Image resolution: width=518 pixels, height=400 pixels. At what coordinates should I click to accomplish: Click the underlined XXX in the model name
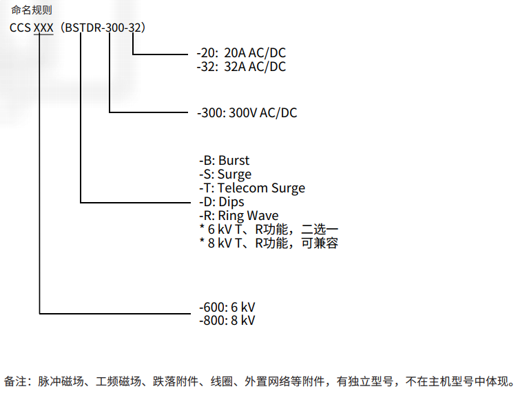point(43,28)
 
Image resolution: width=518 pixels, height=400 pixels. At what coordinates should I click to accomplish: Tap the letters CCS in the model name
point(20,28)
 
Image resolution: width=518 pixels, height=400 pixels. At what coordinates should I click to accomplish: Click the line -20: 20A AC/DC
point(241,53)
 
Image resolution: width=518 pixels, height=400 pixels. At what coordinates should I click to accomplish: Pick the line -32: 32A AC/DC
point(241,67)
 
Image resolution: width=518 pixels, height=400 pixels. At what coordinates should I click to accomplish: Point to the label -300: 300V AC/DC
point(247,112)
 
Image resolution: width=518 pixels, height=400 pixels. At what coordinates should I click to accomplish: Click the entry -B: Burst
point(224,161)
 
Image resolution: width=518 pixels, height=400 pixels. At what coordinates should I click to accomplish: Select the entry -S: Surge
point(225,174)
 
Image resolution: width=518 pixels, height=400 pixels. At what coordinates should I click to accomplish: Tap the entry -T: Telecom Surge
point(251,188)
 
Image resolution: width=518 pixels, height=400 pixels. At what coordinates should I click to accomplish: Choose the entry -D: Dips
point(221,202)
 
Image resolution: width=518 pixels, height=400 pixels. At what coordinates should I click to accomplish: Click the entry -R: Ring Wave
point(238,216)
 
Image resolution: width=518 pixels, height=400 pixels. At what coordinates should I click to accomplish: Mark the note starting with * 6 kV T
point(268,230)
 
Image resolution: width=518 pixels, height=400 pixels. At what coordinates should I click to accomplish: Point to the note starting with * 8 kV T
point(268,243)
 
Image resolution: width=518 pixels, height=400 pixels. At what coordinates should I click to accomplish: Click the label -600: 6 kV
point(227,307)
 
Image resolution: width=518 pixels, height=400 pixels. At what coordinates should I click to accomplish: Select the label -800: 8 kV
point(227,321)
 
